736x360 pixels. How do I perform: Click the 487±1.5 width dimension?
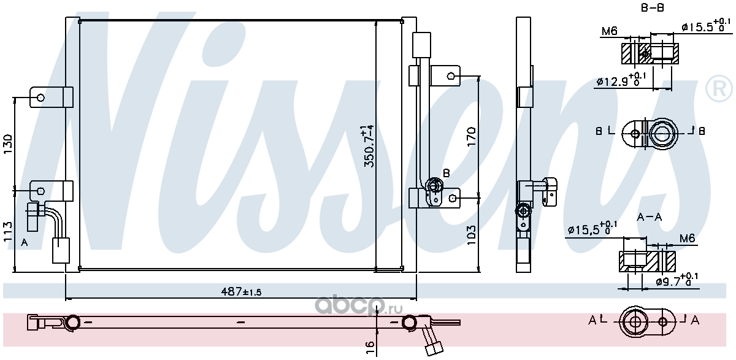point(241,292)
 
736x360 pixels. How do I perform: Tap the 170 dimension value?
point(471,137)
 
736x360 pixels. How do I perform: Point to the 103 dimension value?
point(471,235)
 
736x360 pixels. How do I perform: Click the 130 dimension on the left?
point(7,144)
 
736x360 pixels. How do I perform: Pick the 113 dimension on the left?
point(7,232)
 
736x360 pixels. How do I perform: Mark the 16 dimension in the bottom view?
point(370,347)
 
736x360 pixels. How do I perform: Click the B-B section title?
point(653,8)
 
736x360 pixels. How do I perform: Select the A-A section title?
point(650,217)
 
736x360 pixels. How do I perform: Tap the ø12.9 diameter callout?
point(621,80)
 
